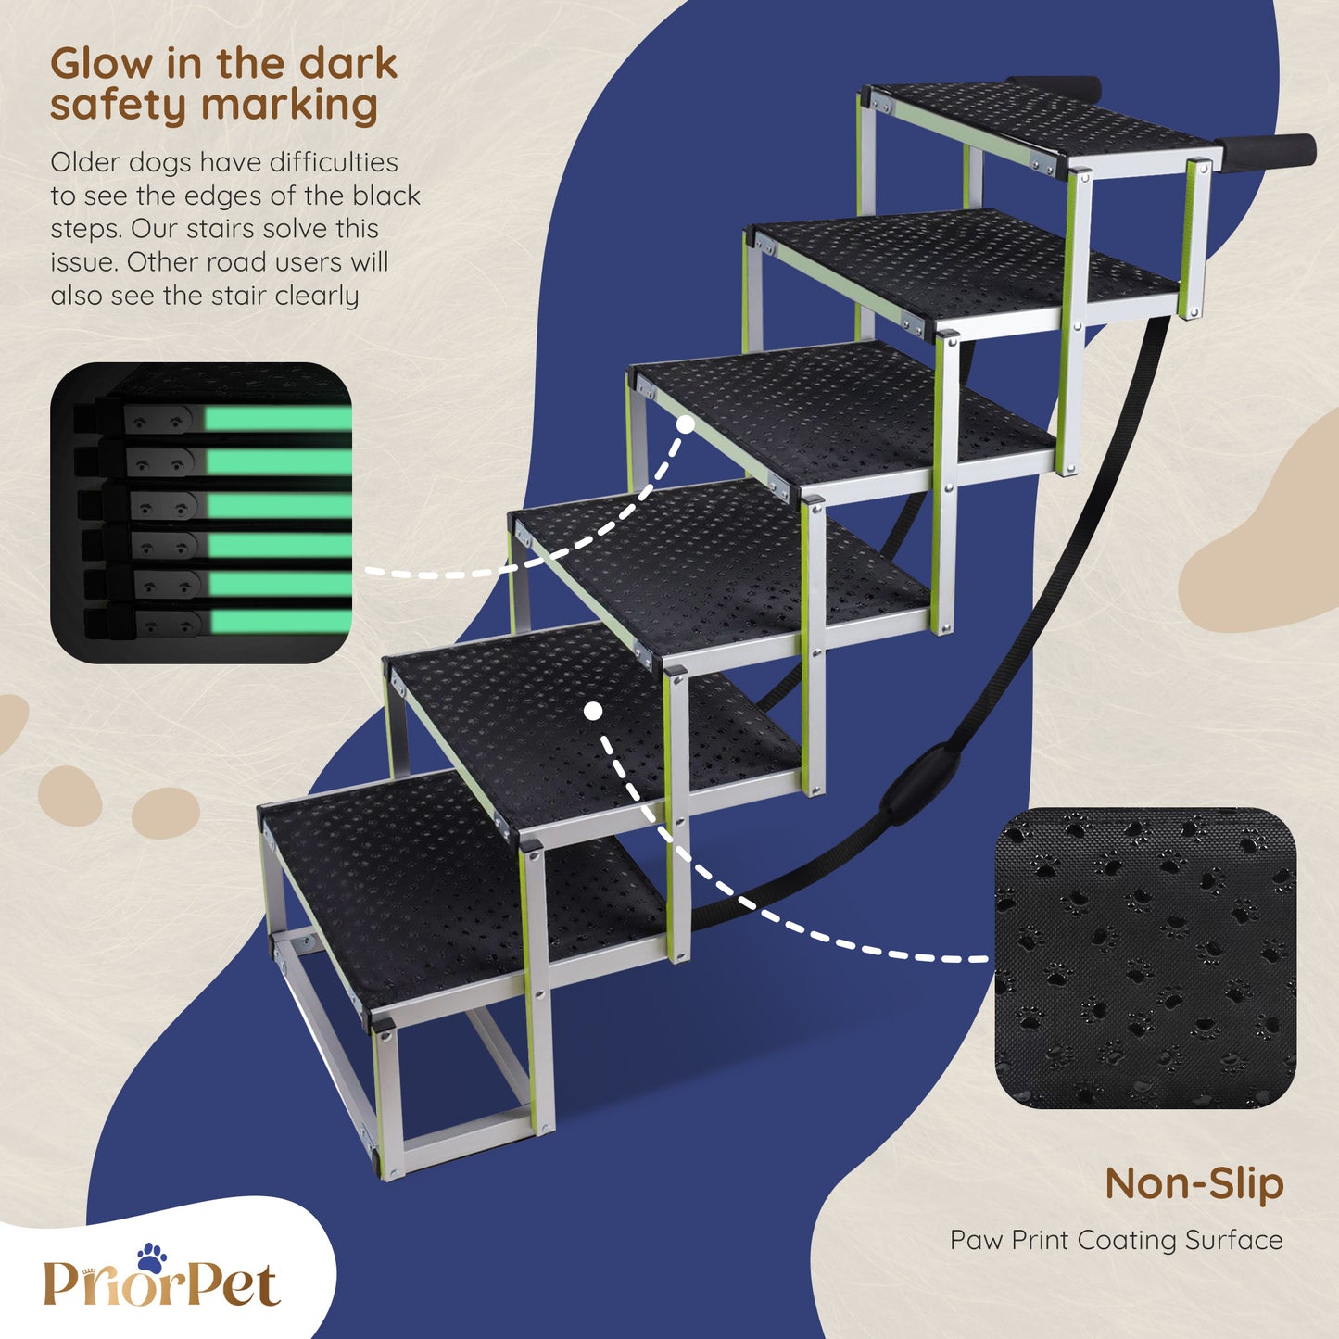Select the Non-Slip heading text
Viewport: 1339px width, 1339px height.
pos(1194,1183)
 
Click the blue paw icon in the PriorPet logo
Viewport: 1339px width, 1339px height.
pos(151,1257)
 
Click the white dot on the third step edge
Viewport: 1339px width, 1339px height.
pos(686,425)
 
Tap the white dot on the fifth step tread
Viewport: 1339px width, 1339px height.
pos(593,711)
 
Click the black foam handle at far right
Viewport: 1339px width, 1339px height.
pos(1269,153)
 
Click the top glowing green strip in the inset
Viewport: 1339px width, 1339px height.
pos(278,419)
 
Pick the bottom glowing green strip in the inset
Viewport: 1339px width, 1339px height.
pos(281,621)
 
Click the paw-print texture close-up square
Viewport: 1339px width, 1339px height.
pos(1145,957)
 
